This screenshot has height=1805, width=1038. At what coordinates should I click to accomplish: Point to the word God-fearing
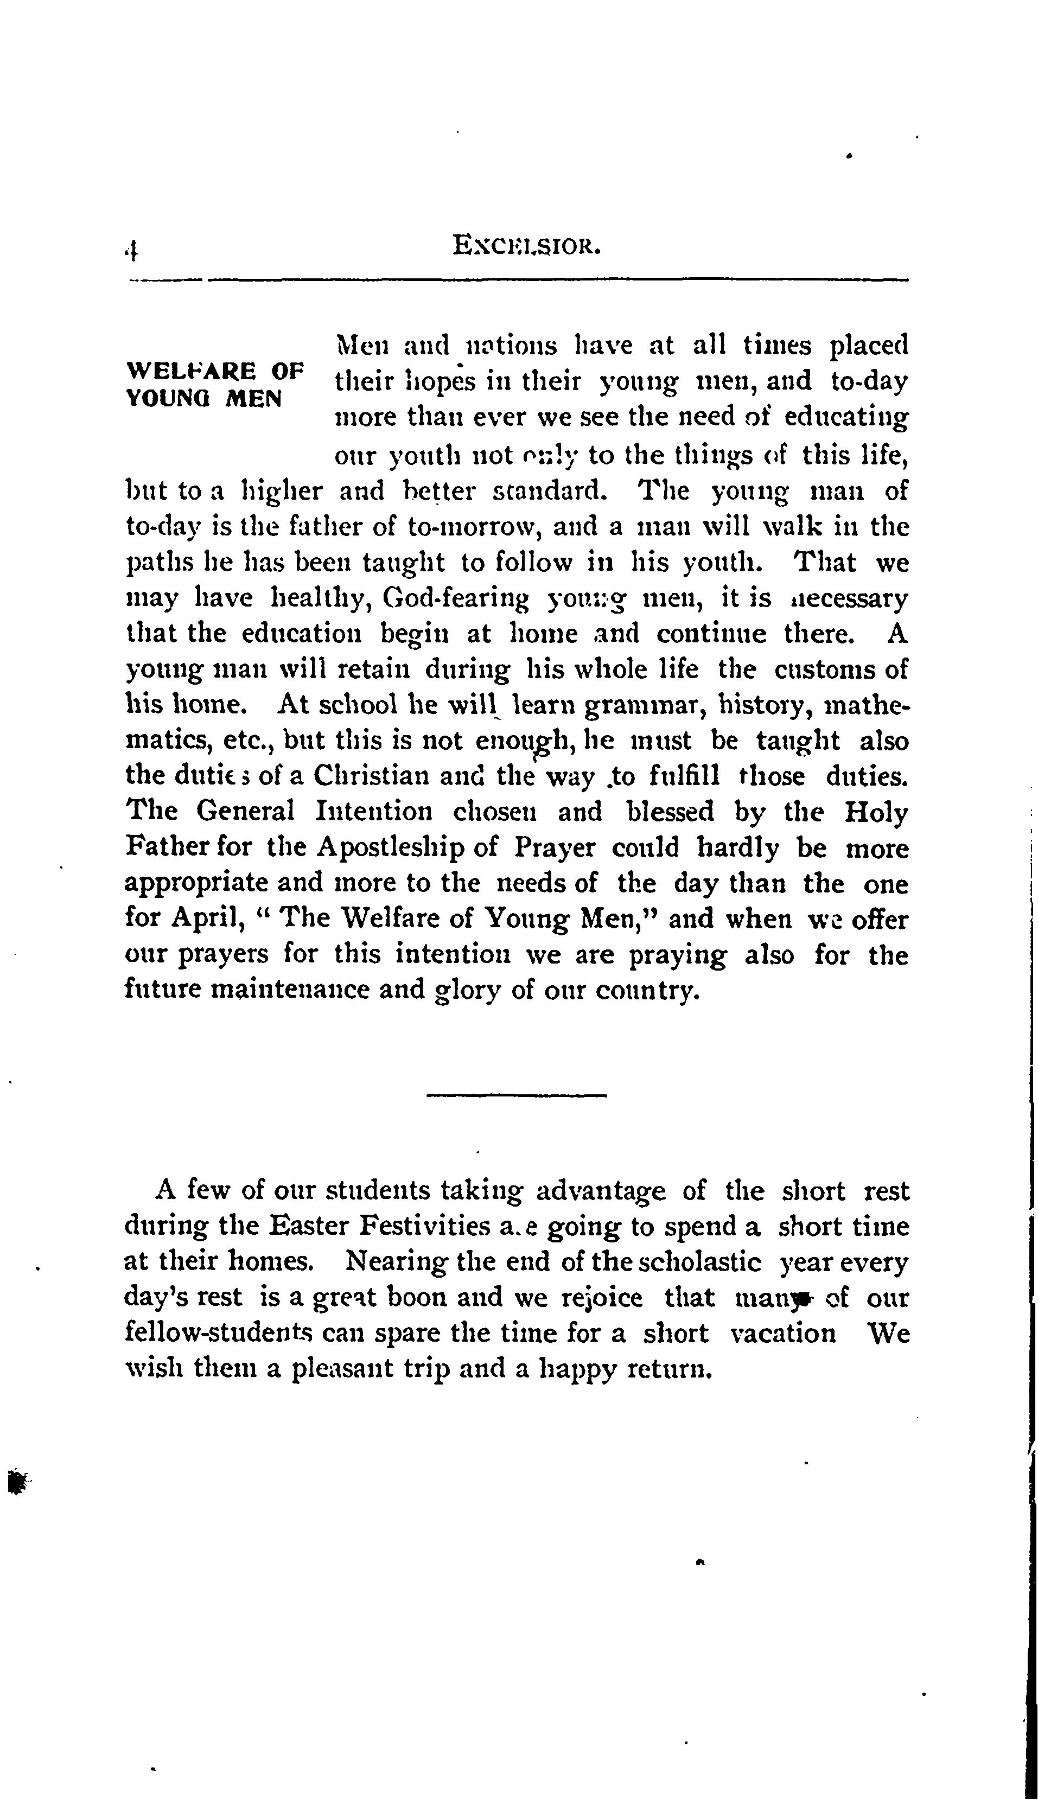(x=456, y=598)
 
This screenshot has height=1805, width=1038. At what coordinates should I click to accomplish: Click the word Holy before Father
(x=876, y=812)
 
